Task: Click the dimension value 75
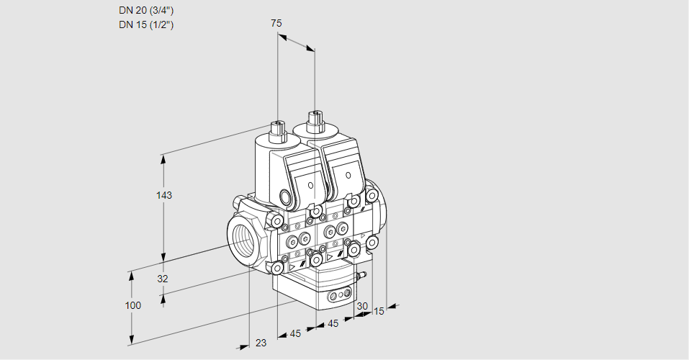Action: tap(276, 23)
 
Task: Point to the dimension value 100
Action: tap(132, 305)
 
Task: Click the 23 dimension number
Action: tap(261, 343)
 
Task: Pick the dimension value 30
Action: tap(362, 306)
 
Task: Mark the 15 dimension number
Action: tap(379, 311)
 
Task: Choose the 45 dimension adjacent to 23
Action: tap(295, 333)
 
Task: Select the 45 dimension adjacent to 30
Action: tap(333, 323)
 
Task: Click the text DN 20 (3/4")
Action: tap(146, 10)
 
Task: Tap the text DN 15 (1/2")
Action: tap(146, 24)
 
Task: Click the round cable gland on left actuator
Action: tap(286, 197)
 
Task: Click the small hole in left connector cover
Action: tap(311, 186)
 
